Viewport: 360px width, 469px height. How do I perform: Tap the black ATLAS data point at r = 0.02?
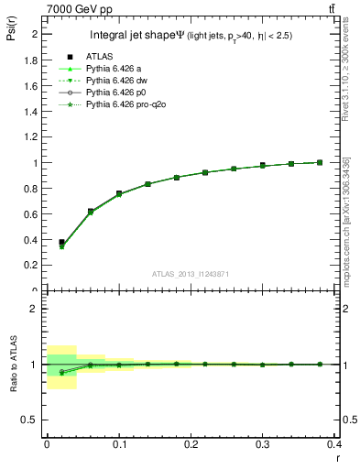click(x=61, y=243)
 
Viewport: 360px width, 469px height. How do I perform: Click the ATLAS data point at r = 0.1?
click(x=119, y=193)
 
